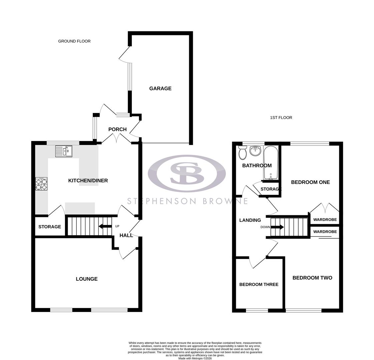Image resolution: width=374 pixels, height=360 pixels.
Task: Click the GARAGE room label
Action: (x=160, y=88)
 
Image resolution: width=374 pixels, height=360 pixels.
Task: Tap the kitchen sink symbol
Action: (x=64, y=151)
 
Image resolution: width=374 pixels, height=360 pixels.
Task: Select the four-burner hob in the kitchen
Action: (x=41, y=184)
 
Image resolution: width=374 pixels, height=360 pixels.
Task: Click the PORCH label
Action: (x=117, y=129)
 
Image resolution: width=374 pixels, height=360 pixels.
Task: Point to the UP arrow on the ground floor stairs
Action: (x=105, y=227)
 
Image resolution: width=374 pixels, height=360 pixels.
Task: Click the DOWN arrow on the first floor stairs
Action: (x=277, y=227)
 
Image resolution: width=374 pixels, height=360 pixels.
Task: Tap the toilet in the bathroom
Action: (x=242, y=153)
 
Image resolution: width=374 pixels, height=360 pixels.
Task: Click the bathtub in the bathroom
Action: (x=271, y=163)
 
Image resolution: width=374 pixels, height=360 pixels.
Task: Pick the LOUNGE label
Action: (x=87, y=279)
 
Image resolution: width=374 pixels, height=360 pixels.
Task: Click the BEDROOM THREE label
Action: (x=259, y=284)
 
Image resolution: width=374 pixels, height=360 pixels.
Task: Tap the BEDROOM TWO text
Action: (x=312, y=278)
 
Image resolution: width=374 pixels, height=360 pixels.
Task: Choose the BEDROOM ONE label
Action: (x=310, y=182)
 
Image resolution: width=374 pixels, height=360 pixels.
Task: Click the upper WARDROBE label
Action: (x=325, y=220)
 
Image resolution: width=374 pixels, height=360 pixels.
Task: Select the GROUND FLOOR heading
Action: (x=74, y=41)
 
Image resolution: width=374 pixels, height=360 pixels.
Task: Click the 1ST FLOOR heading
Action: (x=281, y=118)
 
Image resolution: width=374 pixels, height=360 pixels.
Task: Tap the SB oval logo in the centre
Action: (x=187, y=173)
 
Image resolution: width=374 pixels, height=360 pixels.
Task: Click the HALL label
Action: (x=126, y=235)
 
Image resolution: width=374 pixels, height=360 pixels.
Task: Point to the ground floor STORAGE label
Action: (x=50, y=227)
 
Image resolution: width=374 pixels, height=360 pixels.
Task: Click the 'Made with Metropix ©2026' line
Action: (x=195, y=358)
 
